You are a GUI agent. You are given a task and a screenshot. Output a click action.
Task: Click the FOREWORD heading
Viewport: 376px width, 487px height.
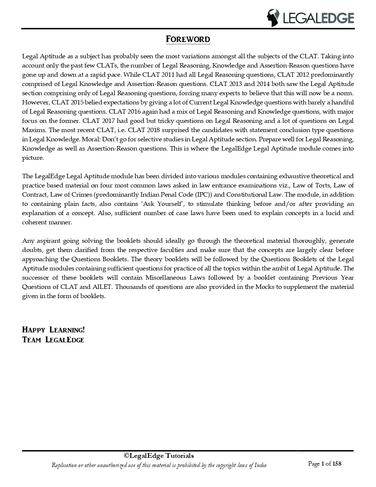188,39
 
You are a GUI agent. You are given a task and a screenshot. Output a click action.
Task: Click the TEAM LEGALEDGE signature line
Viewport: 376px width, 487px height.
53,340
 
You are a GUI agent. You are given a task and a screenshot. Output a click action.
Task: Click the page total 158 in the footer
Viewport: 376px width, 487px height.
337,464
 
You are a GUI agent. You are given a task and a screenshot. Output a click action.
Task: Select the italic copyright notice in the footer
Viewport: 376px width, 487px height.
159,465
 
